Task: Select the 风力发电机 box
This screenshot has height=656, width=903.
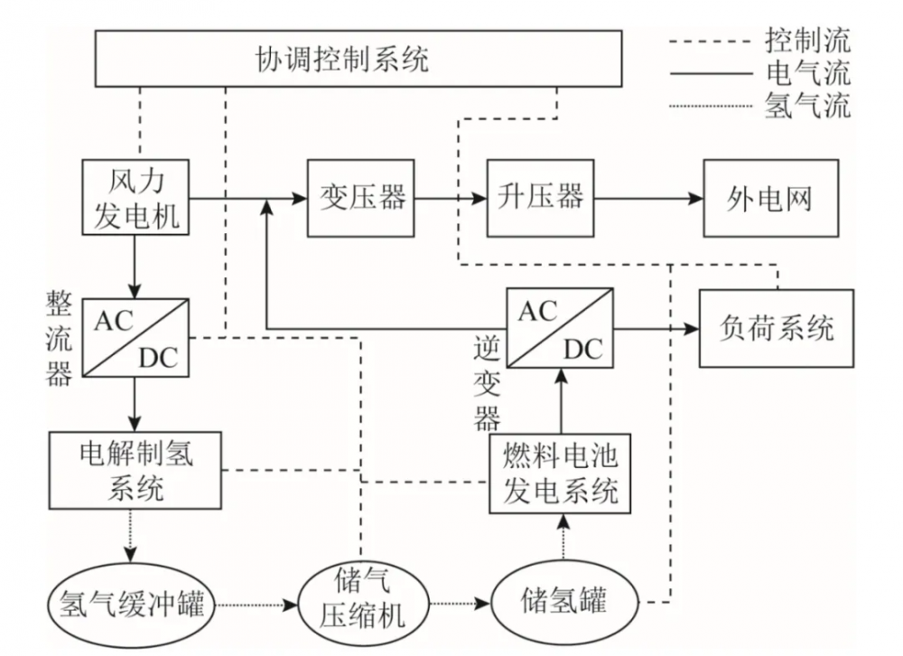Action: click(x=135, y=197)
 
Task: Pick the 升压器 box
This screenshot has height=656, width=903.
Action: click(x=540, y=198)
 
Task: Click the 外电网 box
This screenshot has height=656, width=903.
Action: click(x=770, y=198)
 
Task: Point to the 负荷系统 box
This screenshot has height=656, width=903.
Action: click(x=776, y=328)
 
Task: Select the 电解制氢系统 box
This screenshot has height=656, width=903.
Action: click(x=135, y=471)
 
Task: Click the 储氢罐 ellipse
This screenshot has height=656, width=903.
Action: click(x=564, y=599)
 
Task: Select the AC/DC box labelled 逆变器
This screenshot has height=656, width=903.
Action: click(x=560, y=328)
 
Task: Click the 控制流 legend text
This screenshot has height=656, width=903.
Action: click(x=806, y=39)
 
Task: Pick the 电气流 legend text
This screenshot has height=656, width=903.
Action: click(x=806, y=72)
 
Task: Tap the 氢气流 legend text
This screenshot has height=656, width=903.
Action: click(x=806, y=106)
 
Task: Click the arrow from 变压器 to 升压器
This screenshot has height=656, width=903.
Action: click(x=451, y=197)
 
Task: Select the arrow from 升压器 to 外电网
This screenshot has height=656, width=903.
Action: click(x=649, y=197)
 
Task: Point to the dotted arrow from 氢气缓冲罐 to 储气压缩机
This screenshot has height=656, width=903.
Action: click(x=256, y=602)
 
